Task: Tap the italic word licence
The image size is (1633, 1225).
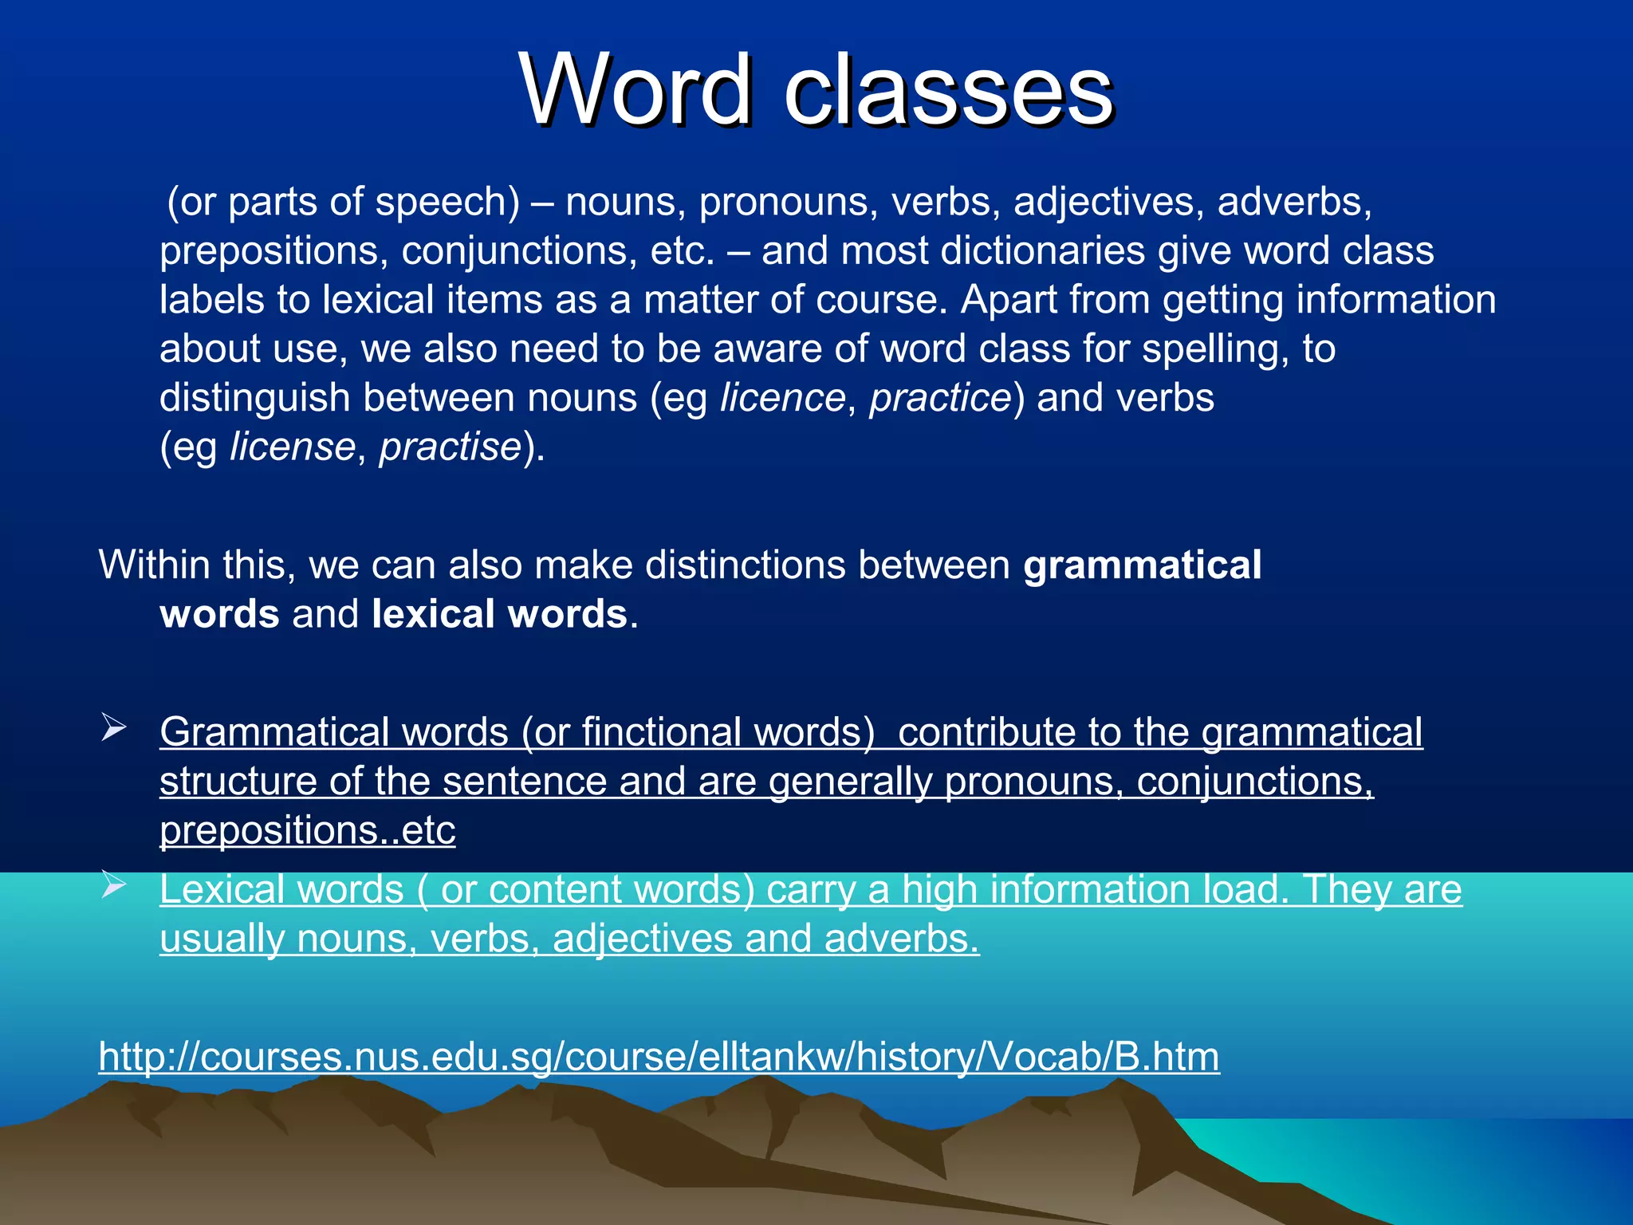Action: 782,397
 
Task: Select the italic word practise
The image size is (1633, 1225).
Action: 450,447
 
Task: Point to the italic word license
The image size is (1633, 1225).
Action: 292,447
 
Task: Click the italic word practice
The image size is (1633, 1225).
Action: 939,397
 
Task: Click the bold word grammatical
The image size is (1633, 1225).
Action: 1142,565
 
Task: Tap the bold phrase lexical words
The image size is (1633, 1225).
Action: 499,614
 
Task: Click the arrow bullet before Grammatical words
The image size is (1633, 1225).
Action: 113,728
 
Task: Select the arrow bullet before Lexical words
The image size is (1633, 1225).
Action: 113,884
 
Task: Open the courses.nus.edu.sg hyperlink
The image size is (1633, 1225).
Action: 659,1056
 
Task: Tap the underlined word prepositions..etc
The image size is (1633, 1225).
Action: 307,830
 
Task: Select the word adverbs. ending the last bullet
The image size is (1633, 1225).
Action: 901,939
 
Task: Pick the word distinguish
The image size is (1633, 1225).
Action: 254,397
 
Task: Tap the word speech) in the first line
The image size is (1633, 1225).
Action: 447,202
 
